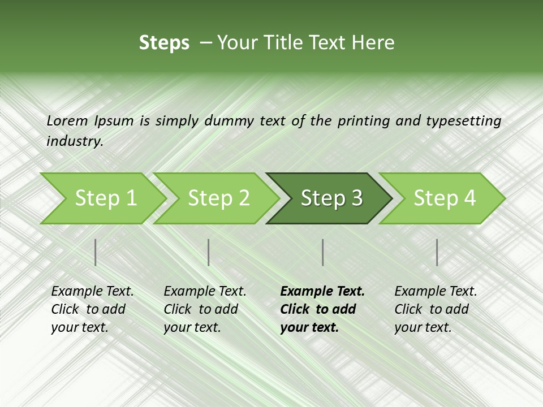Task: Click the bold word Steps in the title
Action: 164,43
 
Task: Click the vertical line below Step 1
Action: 96,252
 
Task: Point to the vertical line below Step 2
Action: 209,252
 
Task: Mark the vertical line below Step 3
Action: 322,252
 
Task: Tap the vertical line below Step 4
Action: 437,252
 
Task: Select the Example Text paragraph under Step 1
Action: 92,309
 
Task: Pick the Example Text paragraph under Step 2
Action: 205,309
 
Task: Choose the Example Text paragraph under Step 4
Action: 436,309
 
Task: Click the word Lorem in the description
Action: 67,120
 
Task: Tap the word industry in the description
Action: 75,141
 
